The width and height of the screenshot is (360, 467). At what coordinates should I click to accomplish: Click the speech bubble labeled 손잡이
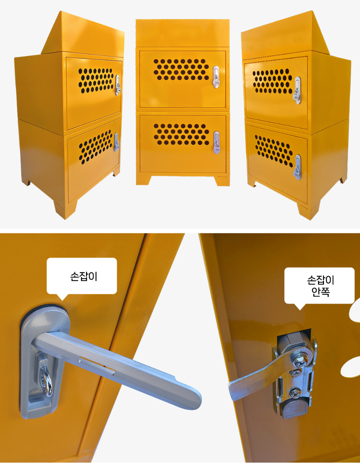tap(82, 276)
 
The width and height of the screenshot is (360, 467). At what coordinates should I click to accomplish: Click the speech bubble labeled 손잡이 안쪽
tap(319, 286)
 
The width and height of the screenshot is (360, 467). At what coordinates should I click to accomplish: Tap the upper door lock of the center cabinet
tap(216, 77)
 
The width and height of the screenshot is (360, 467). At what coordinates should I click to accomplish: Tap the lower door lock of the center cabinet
tap(216, 143)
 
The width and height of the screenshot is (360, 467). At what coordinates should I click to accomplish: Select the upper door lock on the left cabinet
tap(118, 85)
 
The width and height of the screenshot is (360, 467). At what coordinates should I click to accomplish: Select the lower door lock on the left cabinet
tap(116, 142)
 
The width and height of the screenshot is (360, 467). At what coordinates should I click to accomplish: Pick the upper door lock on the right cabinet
tap(298, 90)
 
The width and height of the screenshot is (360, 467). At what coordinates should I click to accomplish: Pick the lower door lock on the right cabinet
tap(298, 167)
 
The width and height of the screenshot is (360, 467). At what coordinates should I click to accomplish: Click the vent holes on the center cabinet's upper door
tap(181, 69)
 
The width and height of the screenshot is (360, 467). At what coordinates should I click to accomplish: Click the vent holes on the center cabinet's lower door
tap(181, 134)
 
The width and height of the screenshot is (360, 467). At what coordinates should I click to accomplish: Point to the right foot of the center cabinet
tap(222, 181)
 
